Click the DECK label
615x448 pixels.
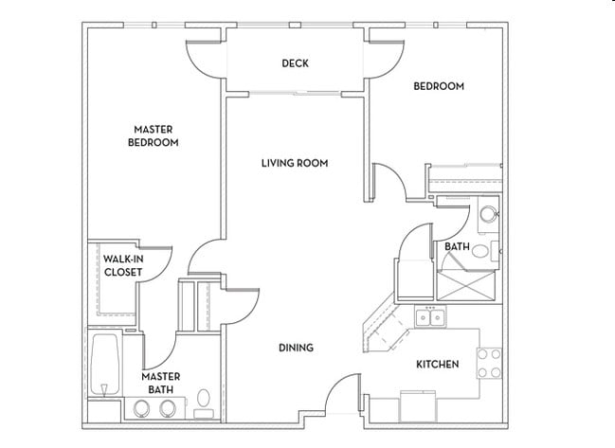(x=296, y=63)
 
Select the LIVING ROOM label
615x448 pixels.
(x=295, y=163)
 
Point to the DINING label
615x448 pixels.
(x=296, y=348)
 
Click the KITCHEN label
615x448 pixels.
(x=437, y=364)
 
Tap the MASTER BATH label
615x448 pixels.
(x=161, y=382)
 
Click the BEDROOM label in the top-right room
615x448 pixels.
(x=439, y=86)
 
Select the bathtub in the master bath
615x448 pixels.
(x=105, y=365)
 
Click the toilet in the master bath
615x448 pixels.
(x=203, y=400)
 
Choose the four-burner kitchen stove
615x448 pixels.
(x=489, y=363)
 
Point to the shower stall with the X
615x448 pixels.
(x=467, y=281)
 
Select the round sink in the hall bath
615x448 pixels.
(x=489, y=213)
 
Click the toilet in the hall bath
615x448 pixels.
(x=481, y=251)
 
